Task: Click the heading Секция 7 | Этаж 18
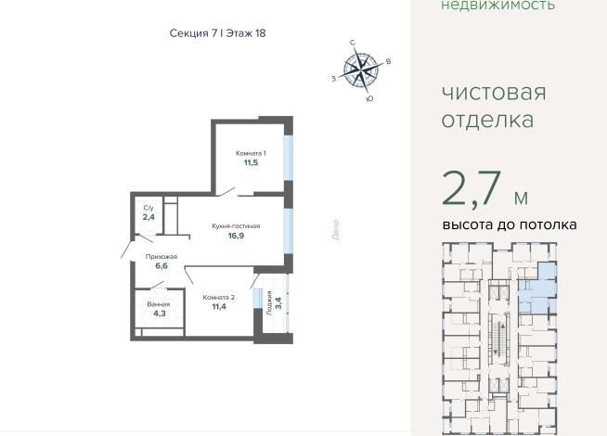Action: [217, 33]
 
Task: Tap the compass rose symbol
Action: [361, 71]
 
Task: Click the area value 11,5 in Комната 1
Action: [251, 162]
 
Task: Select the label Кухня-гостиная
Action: [236, 226]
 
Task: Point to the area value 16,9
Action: [236, 236]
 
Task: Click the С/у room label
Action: [149, 208]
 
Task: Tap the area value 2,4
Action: [149, 217]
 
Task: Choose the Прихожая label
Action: [161, 256]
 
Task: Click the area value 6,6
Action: [161, 266]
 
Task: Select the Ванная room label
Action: [159, 304]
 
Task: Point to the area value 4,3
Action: [160, 314]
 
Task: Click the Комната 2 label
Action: [219, 298]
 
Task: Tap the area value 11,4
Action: [219, 307]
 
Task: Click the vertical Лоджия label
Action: [269, 303]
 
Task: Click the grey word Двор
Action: [336, 230]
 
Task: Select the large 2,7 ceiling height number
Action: [471, 189]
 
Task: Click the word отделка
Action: [488, 120]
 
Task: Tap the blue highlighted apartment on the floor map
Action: [537, 289]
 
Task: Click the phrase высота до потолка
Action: [510, 224]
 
